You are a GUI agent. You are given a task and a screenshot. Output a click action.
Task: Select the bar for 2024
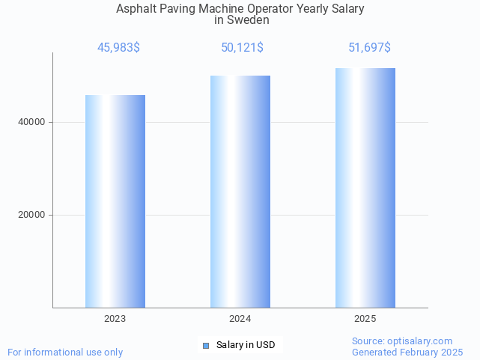pyautogui.click(x=240, y=191)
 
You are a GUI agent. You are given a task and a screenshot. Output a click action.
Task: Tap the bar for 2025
pyautogui.click(x=365, y=187)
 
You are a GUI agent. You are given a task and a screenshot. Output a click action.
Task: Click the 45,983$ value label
pyautogui.click(x=118, y=48)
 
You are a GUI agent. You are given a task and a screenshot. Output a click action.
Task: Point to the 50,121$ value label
pyautogui.click(x=242, y=48)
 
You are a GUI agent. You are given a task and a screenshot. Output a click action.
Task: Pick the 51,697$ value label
pyautogui.click(x=369, y=48)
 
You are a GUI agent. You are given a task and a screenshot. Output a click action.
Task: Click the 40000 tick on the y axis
pyautogui.click(x=31, y=122)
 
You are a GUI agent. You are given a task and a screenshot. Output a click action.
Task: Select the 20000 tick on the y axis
pyautogui.click(x=31, y=215)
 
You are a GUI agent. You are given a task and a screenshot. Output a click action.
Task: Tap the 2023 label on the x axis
pyautogui.click(x=115, y=319)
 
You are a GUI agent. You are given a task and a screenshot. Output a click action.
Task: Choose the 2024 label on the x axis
pyautogui.click(x=240, y=319)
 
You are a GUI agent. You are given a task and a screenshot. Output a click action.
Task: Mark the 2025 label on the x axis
pyautogui.click(x=365, y=319)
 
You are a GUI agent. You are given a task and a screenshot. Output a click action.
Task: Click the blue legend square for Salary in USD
pyautogui.click(x=206, y=345)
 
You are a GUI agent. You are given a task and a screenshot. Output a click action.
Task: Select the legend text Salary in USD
pyautogui.click(x=246, y=345)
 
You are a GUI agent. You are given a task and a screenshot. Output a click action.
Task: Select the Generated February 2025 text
pyautogui.click(x=407, y=352)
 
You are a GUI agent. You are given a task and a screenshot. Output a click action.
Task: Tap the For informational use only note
pyautogui.click(x=65, y=352)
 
